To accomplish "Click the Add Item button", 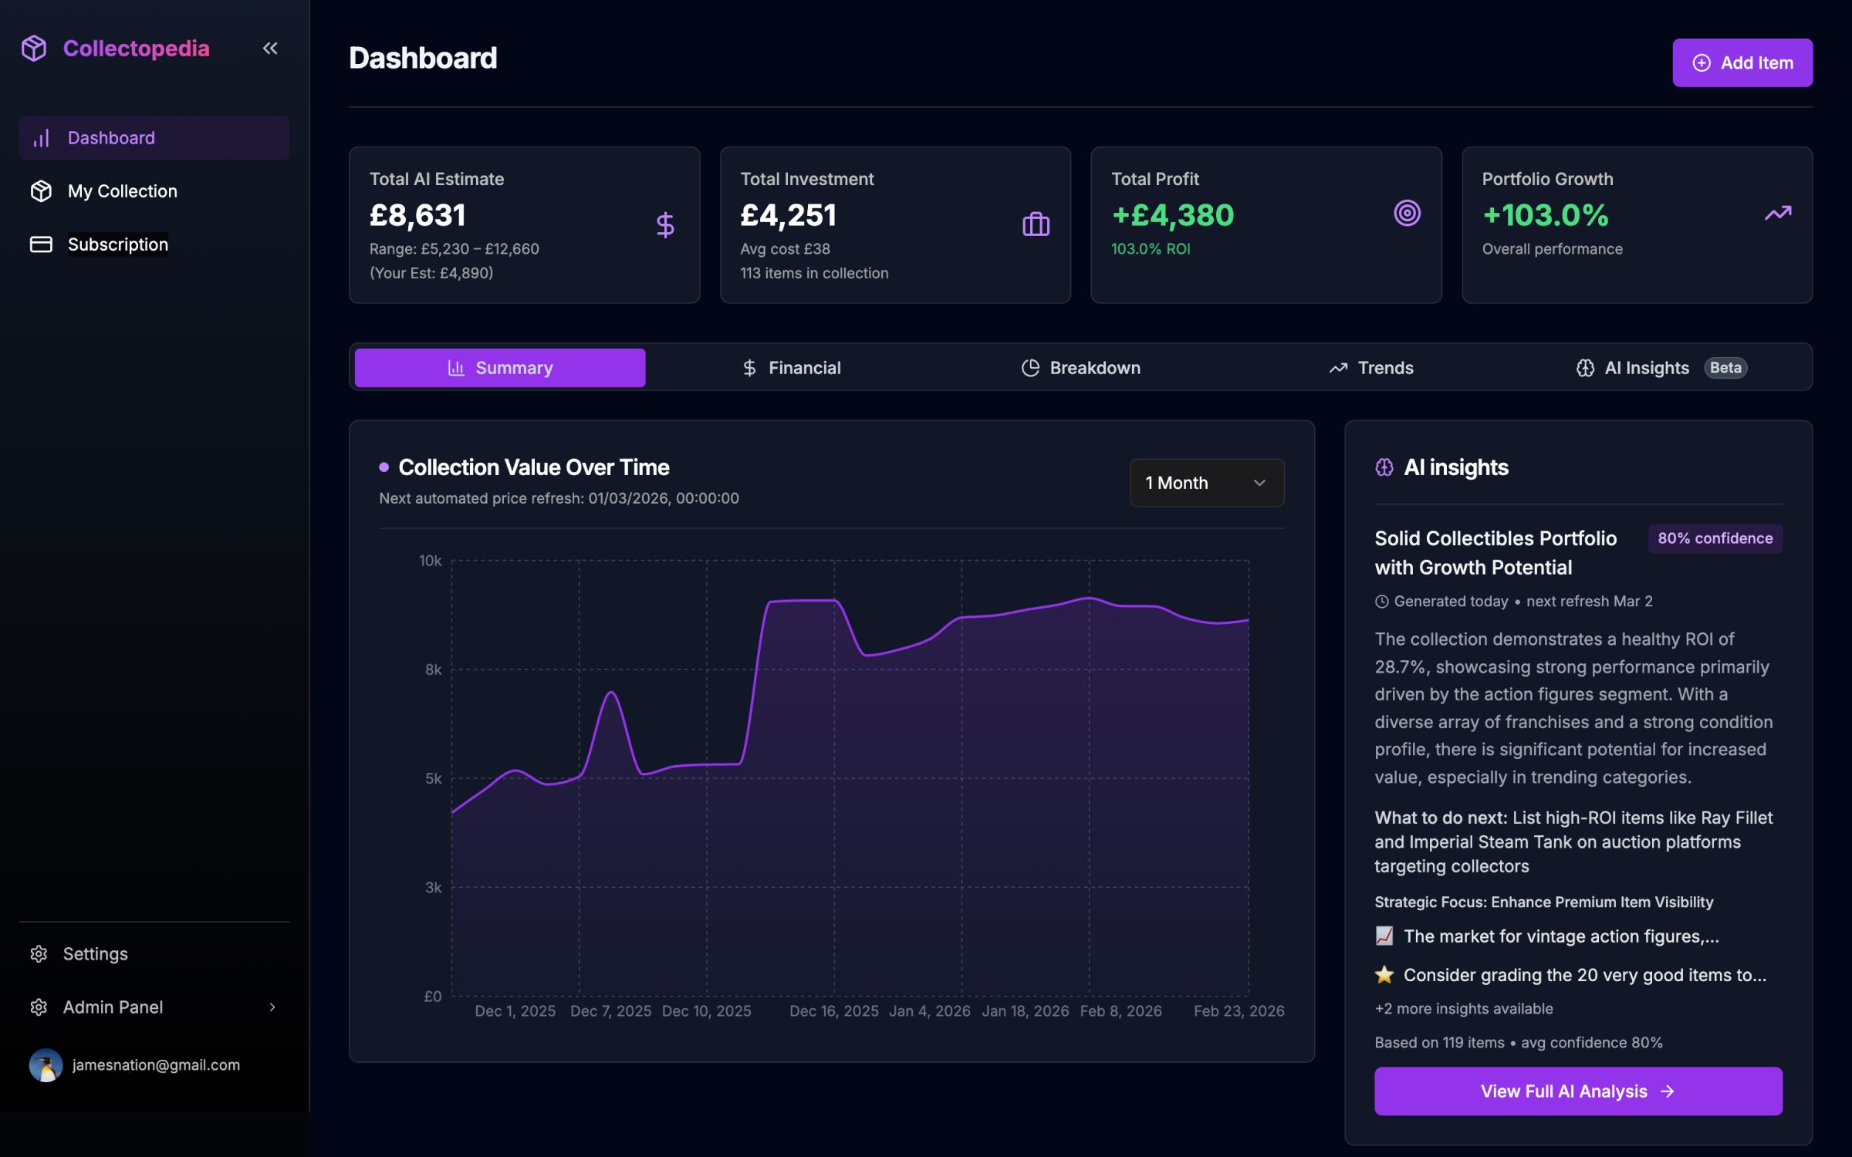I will (1742, 62).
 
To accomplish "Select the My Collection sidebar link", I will (122, 191).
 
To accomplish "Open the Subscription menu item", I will (117, 245).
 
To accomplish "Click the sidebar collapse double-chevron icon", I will (270, 49).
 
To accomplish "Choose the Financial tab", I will (791, 368).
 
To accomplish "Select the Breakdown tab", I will (1080, 368).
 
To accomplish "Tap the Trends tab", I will (1371, 368).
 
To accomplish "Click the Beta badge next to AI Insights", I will (1725, 368).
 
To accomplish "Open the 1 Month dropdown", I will (1206, 483).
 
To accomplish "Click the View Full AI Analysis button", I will (1577, 1091).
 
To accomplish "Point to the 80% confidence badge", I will (1715, 538).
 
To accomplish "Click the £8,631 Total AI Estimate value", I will (417, 215).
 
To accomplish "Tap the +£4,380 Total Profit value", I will (1172, 215).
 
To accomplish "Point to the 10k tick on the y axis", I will (430, 561).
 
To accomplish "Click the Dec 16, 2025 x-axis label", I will (833, 1010).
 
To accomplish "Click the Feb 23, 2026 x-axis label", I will (1239, 1010).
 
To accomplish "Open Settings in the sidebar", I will (95, 954).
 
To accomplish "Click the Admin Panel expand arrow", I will (272, 1007).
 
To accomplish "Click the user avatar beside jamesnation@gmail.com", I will (46, 1065).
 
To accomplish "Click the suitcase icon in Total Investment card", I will (1036, 224).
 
